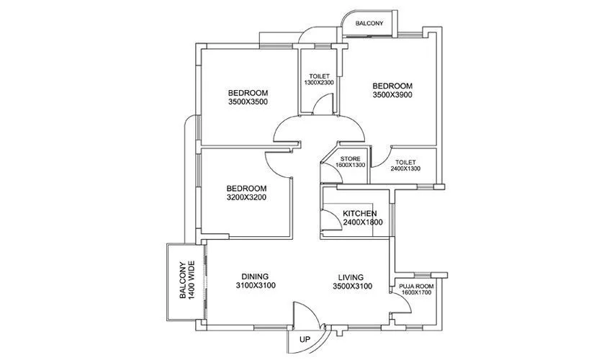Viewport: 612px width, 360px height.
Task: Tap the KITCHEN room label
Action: point(359,214)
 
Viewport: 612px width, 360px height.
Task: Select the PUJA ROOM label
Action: point(417,286)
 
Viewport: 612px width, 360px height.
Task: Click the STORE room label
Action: point(351,158)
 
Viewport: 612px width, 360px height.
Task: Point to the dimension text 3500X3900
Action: point(392,94)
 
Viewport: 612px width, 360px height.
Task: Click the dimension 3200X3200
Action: point(247,197)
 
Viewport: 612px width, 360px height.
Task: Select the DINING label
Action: point(255,276)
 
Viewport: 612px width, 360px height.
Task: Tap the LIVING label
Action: point(348,276)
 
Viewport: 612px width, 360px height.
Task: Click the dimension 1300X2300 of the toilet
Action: point(319,83)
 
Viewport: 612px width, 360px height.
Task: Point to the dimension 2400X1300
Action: point(405,168)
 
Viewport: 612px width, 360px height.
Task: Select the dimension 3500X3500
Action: point(248,102)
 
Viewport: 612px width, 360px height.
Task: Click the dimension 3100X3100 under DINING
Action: point(255,286)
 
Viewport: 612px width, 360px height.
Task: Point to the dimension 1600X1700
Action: point(417,293)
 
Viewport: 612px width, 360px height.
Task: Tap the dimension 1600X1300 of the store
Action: point(351,165)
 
